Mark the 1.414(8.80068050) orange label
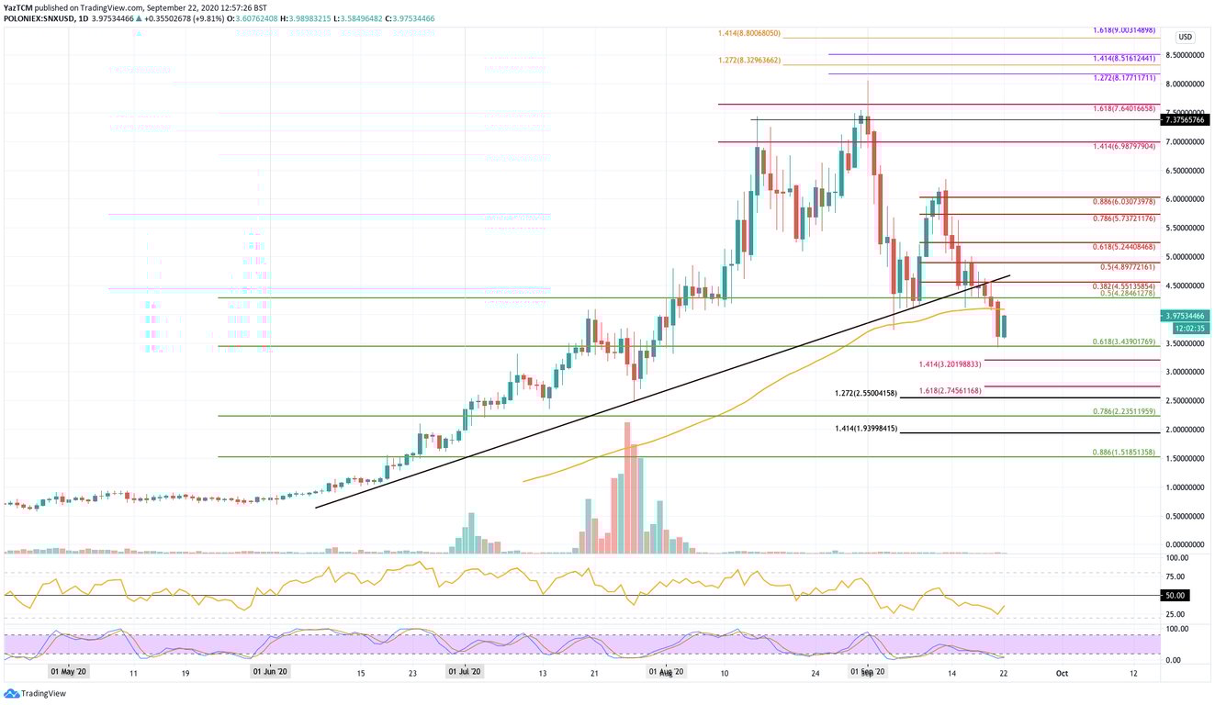pos(749,33)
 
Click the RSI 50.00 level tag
pos(1176,595)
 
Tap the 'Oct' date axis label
pos(1062,672)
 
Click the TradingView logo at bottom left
pos(37,693)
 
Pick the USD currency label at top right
pos(1186,37)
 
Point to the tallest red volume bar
pos(627,487)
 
